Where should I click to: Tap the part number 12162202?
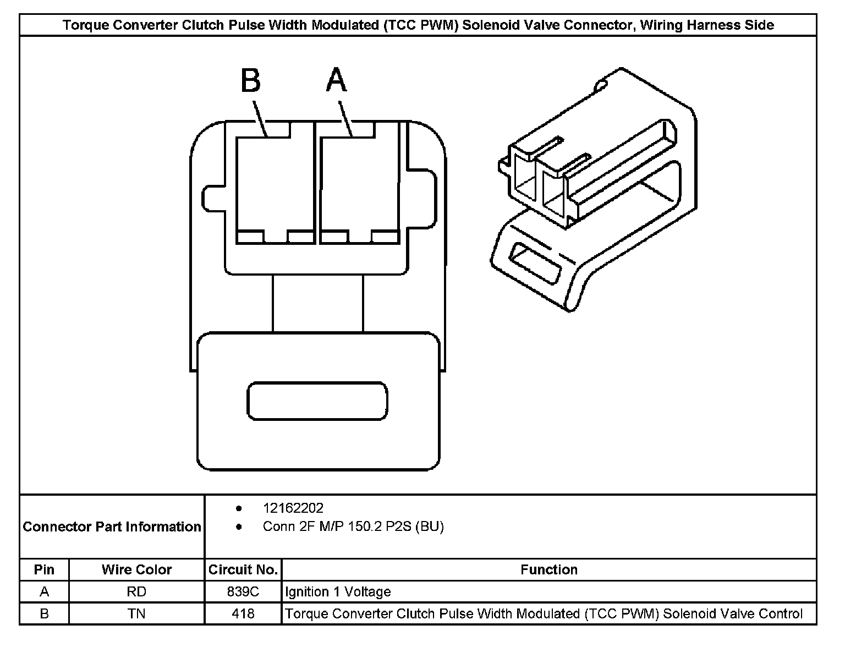pos(293,508)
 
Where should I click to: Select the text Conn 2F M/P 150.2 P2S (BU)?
pos(353,527)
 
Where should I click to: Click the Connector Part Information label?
pos(112,527)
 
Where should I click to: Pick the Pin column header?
pos(44,569)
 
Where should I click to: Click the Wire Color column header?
pos(136,569)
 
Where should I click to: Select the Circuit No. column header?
pos(243,569)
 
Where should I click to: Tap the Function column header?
pos(548,569)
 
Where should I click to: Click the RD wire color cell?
pos(136,591)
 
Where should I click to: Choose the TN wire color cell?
pos(136,613)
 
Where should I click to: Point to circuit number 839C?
pos(243,591)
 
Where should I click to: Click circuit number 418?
pos(243,613)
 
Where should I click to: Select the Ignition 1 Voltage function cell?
pos(338,591)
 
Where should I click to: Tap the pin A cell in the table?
pos(44,591)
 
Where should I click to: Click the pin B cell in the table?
pos(44,613)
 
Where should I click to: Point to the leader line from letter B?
pos(259,118)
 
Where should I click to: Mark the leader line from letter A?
pos(345,118)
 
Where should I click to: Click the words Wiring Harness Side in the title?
pos(707,25)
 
